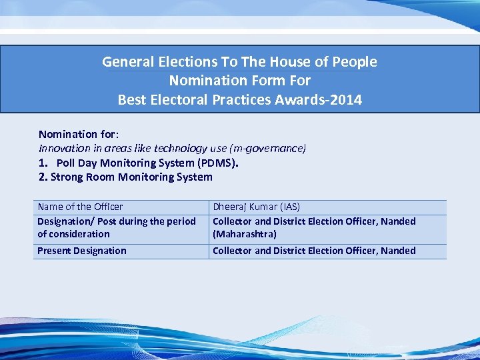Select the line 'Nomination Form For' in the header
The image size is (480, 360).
(239, 81)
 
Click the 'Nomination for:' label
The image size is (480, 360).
(78, 135)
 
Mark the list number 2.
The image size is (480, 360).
(43, 177)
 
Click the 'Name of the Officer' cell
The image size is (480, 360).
(80, 207)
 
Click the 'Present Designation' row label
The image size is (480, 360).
(81, 251)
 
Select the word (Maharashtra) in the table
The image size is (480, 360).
(244, 234)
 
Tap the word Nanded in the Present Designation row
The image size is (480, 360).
(398, 251)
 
